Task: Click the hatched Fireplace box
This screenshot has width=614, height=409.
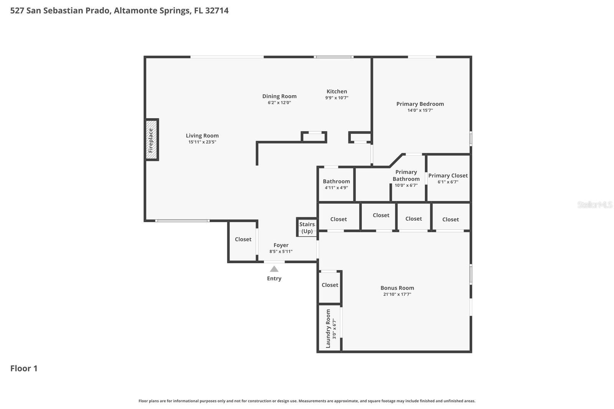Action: (x=151, y=140)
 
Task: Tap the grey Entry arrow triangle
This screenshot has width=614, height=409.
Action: (x=274, y=269)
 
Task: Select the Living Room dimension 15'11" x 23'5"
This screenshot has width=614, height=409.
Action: (x=202, y=142)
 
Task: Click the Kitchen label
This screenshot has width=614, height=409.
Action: (x=337, y=91)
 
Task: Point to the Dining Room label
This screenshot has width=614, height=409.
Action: (x=279, y=96)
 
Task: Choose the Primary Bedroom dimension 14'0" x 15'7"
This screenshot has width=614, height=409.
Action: (x=420, y=110)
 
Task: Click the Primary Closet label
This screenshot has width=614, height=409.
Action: (x=448, y=175)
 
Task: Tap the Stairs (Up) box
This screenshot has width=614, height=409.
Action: (x=307, y=227)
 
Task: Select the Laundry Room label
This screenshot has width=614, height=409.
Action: (x=328, y=329)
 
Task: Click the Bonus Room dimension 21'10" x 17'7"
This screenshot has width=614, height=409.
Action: (x=397, y=294)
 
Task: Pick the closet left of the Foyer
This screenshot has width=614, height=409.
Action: (x=243, y=241)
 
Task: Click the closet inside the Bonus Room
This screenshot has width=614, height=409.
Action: (x=330, y=287)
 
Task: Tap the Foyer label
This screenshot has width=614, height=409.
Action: (x=281, y=245)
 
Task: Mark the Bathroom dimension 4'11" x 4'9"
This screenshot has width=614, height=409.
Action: (x=336, y=188)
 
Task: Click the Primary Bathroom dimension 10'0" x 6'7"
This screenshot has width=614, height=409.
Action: (x=406, y=185)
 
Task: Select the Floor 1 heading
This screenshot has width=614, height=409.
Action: (x=24, y=368)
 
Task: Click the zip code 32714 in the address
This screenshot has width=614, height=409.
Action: (x=217, y=10)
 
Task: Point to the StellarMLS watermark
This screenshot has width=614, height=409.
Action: (x=594, y=204)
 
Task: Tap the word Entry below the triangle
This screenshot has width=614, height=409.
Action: (x=274, y=279)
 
